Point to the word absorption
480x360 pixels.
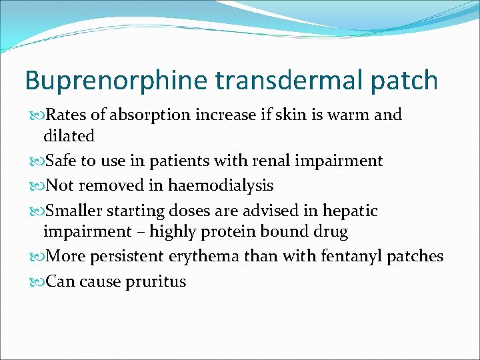[x=151, y=115]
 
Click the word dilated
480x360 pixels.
[x=69, y=136]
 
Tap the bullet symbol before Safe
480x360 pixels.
[x=36, y=161]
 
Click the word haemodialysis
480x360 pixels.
[x=221, y=185]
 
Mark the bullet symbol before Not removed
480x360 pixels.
[x=36, y=186]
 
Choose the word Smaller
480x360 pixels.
[x=77, y=211]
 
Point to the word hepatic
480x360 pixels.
[x=350, y=211]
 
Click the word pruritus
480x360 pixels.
[x=156, y=281]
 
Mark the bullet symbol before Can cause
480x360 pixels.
[x=36, y=282]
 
